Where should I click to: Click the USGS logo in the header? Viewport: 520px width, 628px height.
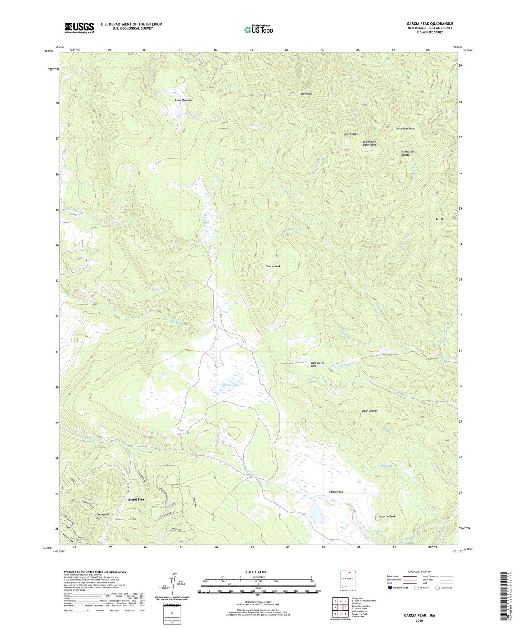click(79, 28)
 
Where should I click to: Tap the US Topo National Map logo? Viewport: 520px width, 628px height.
click(258, 29)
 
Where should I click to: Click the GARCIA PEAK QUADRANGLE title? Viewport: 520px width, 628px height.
click(430, 24)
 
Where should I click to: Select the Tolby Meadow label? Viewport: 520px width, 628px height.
click(183, 100)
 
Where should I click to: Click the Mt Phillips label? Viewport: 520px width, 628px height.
click(351, 134)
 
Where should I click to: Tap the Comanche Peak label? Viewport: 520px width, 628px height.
click(405, 128)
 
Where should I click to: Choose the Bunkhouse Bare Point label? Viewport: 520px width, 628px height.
click(369, 143)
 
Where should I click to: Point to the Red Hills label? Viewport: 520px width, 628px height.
click(441, 219)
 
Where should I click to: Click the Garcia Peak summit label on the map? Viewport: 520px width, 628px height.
click(273, 267)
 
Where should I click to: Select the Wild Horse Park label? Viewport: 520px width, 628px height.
click(317, 364)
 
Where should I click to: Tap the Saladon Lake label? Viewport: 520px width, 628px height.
click(230, 385)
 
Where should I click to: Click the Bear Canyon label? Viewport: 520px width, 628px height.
click(370, 411)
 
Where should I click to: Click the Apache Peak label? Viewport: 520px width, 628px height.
click(387, 516)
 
